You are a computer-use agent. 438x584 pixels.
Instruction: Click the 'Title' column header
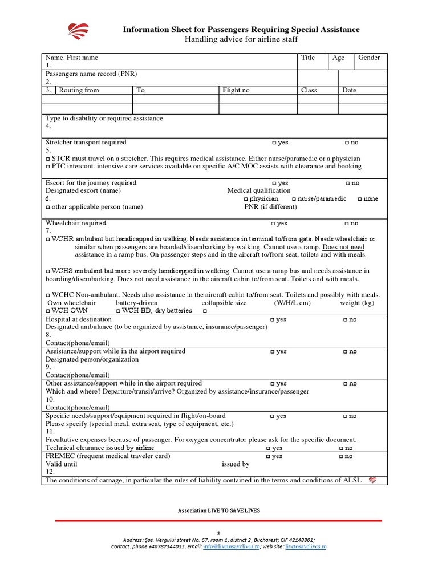coord(308,58)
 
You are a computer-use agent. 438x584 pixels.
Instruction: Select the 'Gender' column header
coord(369,58)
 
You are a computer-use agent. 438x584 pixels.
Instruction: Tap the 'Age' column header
coord(338,58)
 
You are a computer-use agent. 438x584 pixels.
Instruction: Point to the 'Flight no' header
coord(236,90)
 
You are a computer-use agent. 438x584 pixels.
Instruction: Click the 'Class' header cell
coord(309,90)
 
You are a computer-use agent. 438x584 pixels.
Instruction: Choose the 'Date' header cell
coord(349,90)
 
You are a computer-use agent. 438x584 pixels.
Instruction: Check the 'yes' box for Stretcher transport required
coord(274,143)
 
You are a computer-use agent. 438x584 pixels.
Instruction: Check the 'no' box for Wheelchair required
coord(347,224)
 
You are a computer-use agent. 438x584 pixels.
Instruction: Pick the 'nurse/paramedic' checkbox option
coord(294,199)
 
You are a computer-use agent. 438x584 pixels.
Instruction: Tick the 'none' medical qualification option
coord(360,199)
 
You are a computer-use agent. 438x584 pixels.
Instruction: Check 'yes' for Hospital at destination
coord(273,320)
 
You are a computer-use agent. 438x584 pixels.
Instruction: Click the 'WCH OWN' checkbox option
coord(48,311)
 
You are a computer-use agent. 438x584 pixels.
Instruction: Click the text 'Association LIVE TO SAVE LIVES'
coord(219,510)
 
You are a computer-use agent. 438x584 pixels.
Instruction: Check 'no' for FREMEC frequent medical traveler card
coord(342,457)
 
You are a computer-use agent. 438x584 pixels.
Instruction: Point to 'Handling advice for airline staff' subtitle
coord(241,39)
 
